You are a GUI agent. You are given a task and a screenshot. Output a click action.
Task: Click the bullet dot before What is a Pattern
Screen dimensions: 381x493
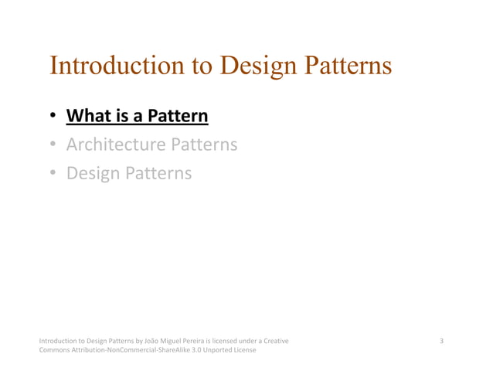click(53, 117)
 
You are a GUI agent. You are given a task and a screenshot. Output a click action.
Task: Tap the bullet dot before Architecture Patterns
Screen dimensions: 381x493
click(53, 145)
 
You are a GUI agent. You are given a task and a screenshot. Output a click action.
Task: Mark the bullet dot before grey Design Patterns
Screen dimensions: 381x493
click(53, 174)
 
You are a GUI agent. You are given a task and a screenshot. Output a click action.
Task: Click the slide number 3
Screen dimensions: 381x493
click(441, 341)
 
